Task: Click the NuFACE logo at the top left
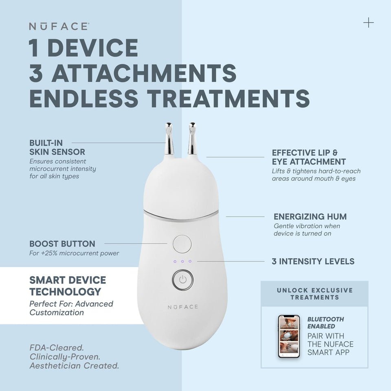point(59,26)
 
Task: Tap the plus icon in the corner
point(368,22)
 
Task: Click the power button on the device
point(182,280)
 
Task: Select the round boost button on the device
point(182,244)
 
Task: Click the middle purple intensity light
point(182,261)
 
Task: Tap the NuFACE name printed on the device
point(182,307)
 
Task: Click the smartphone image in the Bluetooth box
point(288,336)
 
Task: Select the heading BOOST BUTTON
point(62,244)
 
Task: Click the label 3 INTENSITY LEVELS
point(313,261)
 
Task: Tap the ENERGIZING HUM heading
point(310,217)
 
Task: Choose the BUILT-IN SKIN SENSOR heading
point(57,147)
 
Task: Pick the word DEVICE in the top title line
point(96,48)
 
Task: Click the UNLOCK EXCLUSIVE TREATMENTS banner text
point(314,294)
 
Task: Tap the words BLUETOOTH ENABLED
point(325,323)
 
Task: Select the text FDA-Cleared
point(57,348)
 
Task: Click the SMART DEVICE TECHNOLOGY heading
point(68,286)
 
